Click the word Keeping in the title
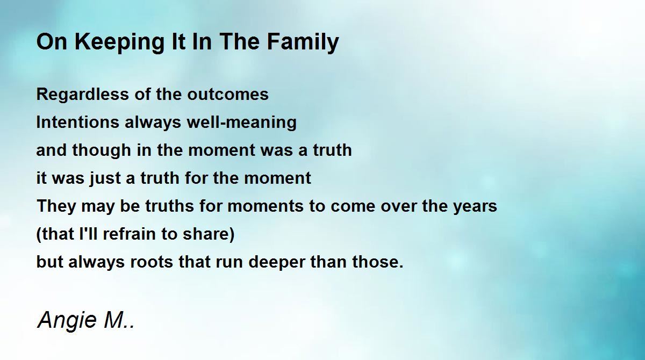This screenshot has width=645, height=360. (x=119, y=42)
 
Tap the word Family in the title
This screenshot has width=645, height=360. (x=303, y=42)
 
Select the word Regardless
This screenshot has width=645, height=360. (x=82, y=95)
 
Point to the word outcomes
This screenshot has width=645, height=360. (x=228, y=95)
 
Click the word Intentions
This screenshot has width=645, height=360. (x=77, y=122)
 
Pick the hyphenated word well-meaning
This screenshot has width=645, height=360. (x=241, y=123)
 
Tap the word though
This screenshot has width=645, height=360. (x=102, y=150)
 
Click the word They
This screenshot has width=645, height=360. (x=56, y=206)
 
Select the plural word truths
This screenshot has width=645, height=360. (x=169, y=206)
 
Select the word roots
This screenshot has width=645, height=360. (x=152, y=262)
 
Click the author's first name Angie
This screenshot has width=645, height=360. (x=67, y=321)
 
